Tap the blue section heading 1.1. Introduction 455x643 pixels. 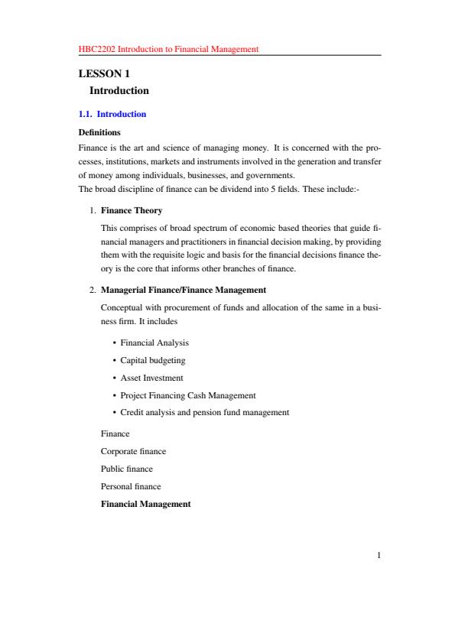tap(112, 114)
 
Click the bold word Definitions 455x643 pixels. tap(100, 132)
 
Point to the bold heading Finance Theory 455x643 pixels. tap(132, 209)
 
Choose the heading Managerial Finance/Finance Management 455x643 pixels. tap(184, 290)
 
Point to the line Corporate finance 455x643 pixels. tap(134, 451)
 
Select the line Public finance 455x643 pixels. tap(127, 469)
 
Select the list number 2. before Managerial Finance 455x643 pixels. tap(92, 290)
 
